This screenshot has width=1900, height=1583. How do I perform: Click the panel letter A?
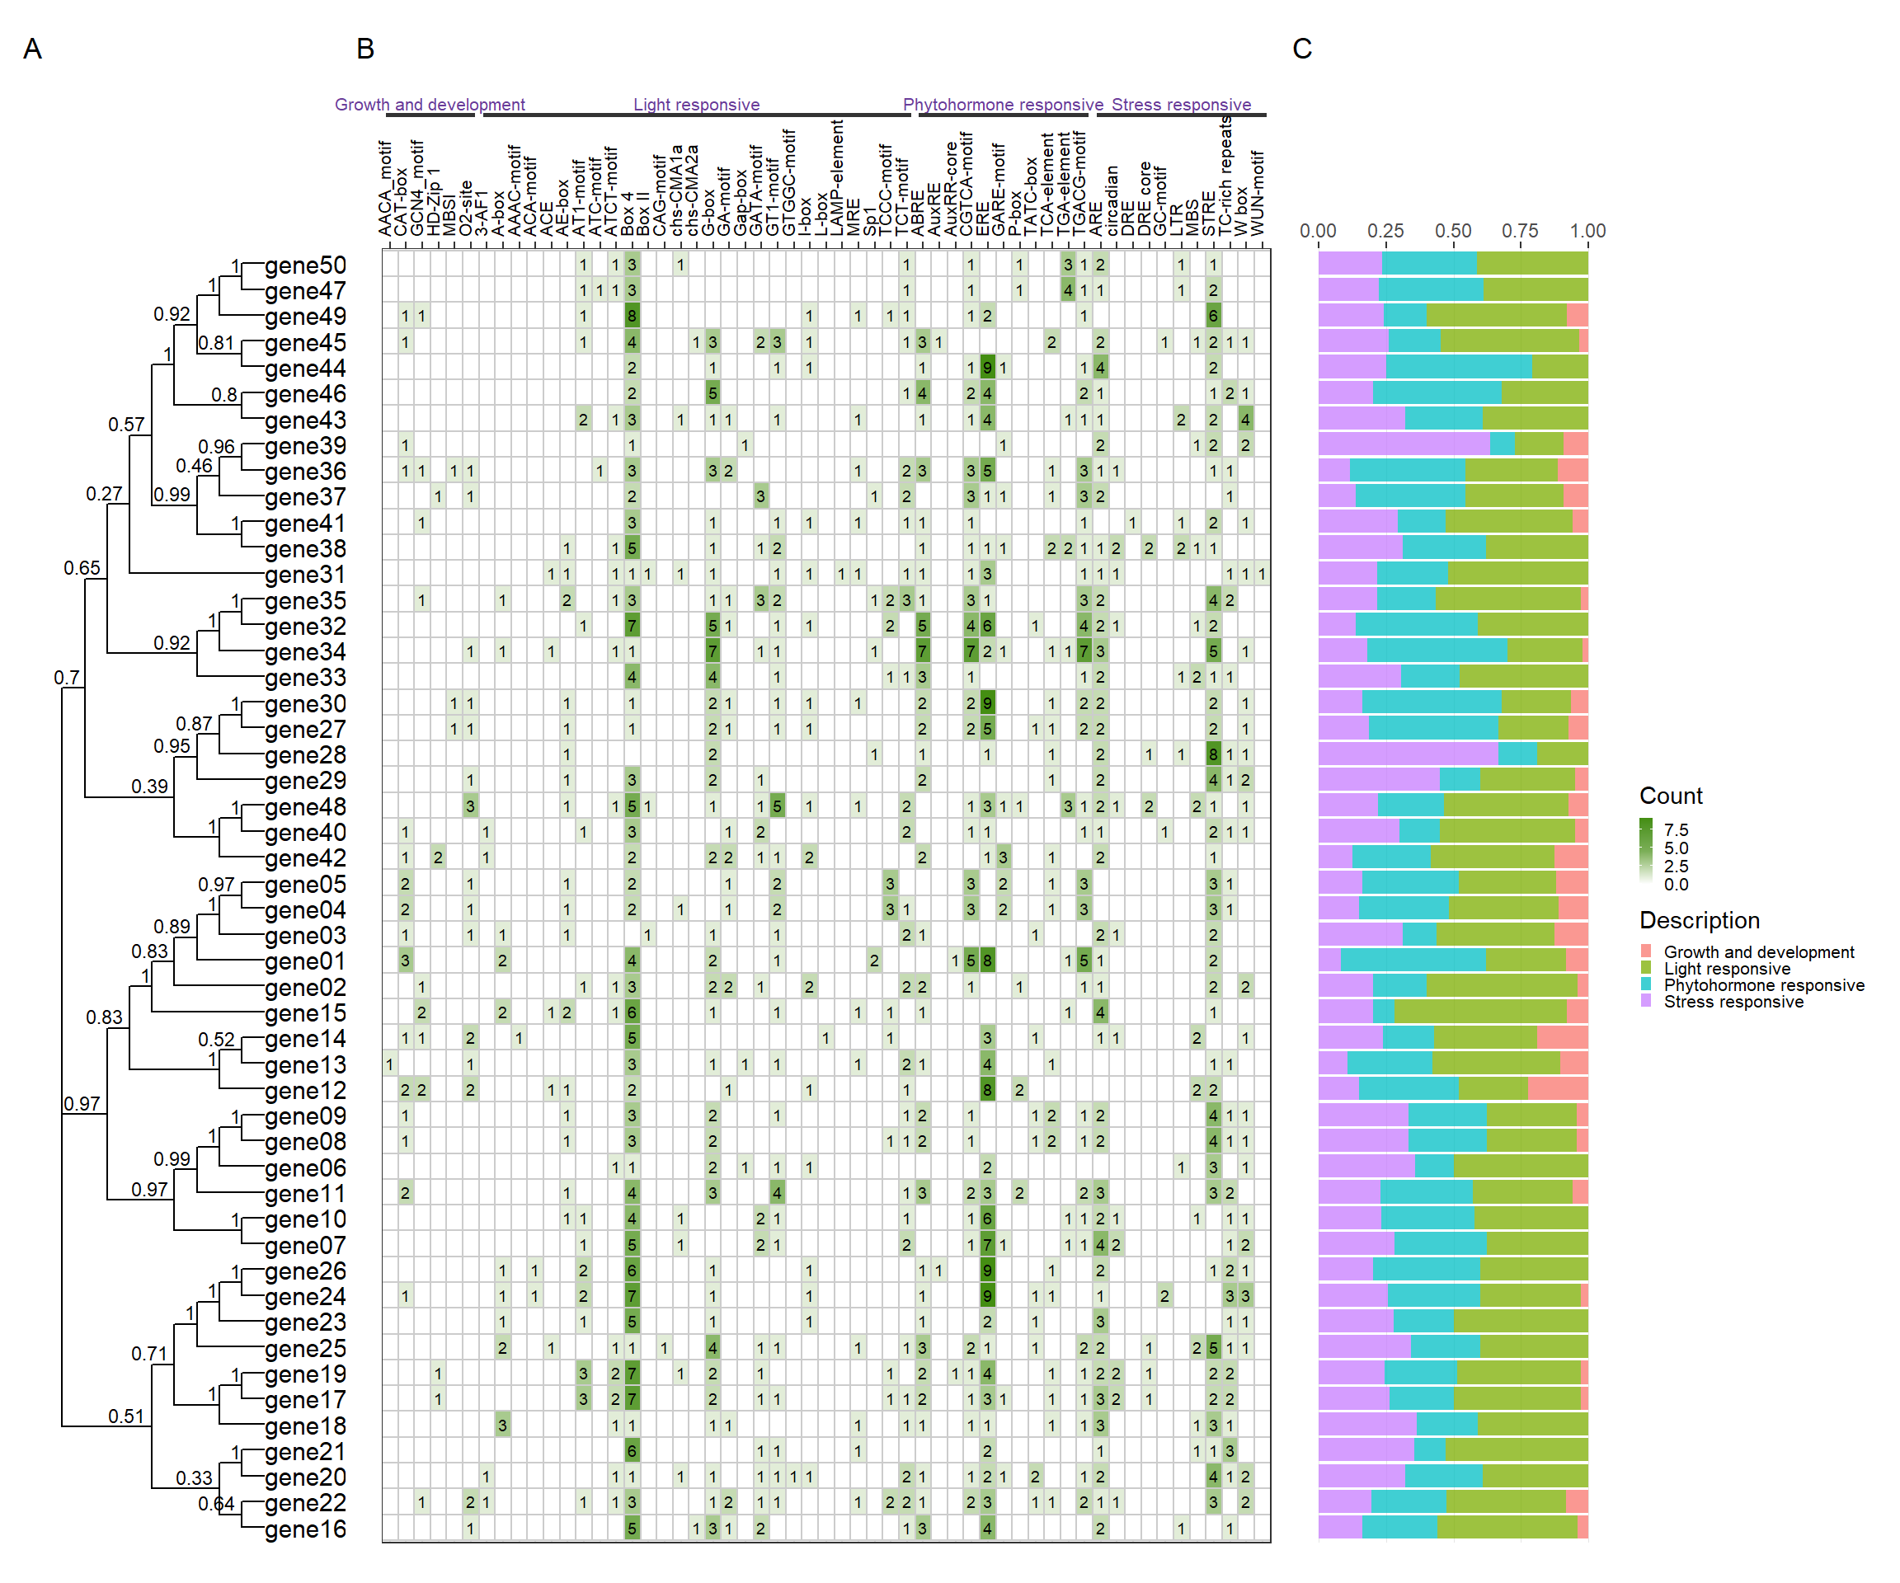[x=32, y=49]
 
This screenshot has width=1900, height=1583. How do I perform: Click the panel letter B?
[x=364, y=49]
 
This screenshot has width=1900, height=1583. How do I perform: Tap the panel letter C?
[x=1302, y=49]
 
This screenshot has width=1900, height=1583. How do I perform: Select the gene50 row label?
[x=305, y=266]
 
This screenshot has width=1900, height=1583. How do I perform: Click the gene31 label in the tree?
[x=305, y=575]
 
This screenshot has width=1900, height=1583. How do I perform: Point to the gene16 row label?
[x=305, y=1529]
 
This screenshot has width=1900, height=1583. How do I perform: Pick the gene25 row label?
[x=305, y=1349]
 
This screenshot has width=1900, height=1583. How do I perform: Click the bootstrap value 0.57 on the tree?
[x=126, y=425]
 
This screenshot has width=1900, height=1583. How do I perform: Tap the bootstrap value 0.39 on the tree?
[x=149, y=786]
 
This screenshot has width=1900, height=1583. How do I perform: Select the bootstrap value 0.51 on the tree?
[x=126, y=1416]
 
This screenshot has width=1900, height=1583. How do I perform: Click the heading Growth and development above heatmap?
[x=430, y=104]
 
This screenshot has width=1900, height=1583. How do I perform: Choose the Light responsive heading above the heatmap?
[x=696, y=104]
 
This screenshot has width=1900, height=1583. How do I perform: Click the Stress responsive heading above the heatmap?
[x=1181, y=104]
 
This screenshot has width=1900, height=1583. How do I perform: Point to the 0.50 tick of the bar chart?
[x=1453, y=231]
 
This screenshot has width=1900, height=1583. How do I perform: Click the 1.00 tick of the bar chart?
[x=1587, y=231]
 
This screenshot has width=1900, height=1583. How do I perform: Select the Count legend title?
[x=1670, y=796]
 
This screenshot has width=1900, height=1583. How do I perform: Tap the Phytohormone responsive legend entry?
[x=1763, y=985]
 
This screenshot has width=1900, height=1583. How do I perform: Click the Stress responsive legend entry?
[x=1733, y=1002]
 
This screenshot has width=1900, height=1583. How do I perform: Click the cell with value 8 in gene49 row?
[x=632, y=316]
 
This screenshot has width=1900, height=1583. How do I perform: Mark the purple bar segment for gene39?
[x=1404, y=444]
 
